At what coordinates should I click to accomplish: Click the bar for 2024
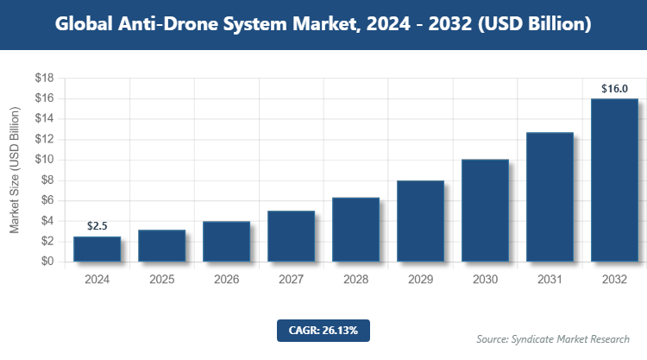point(97,249)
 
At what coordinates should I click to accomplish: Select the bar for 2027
point(291,236)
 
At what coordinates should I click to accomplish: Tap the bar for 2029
point(420,221)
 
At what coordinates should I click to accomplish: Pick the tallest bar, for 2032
point(614,180)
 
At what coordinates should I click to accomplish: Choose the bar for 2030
point(485,210)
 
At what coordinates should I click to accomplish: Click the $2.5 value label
point(97,226)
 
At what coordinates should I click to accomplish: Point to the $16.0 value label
point(614,88)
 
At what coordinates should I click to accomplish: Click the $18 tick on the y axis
point(45,79)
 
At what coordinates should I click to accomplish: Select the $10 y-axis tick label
point(45,160)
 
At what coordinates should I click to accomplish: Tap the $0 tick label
point(48,262)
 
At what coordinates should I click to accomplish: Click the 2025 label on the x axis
point(161,281)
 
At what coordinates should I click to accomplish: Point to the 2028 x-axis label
point(355,281)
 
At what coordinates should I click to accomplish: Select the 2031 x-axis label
point(550,281)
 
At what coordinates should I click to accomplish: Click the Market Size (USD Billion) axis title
point(15,170)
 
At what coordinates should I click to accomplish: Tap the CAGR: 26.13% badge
point(323,330)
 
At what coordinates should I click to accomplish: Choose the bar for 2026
point(226,241)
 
